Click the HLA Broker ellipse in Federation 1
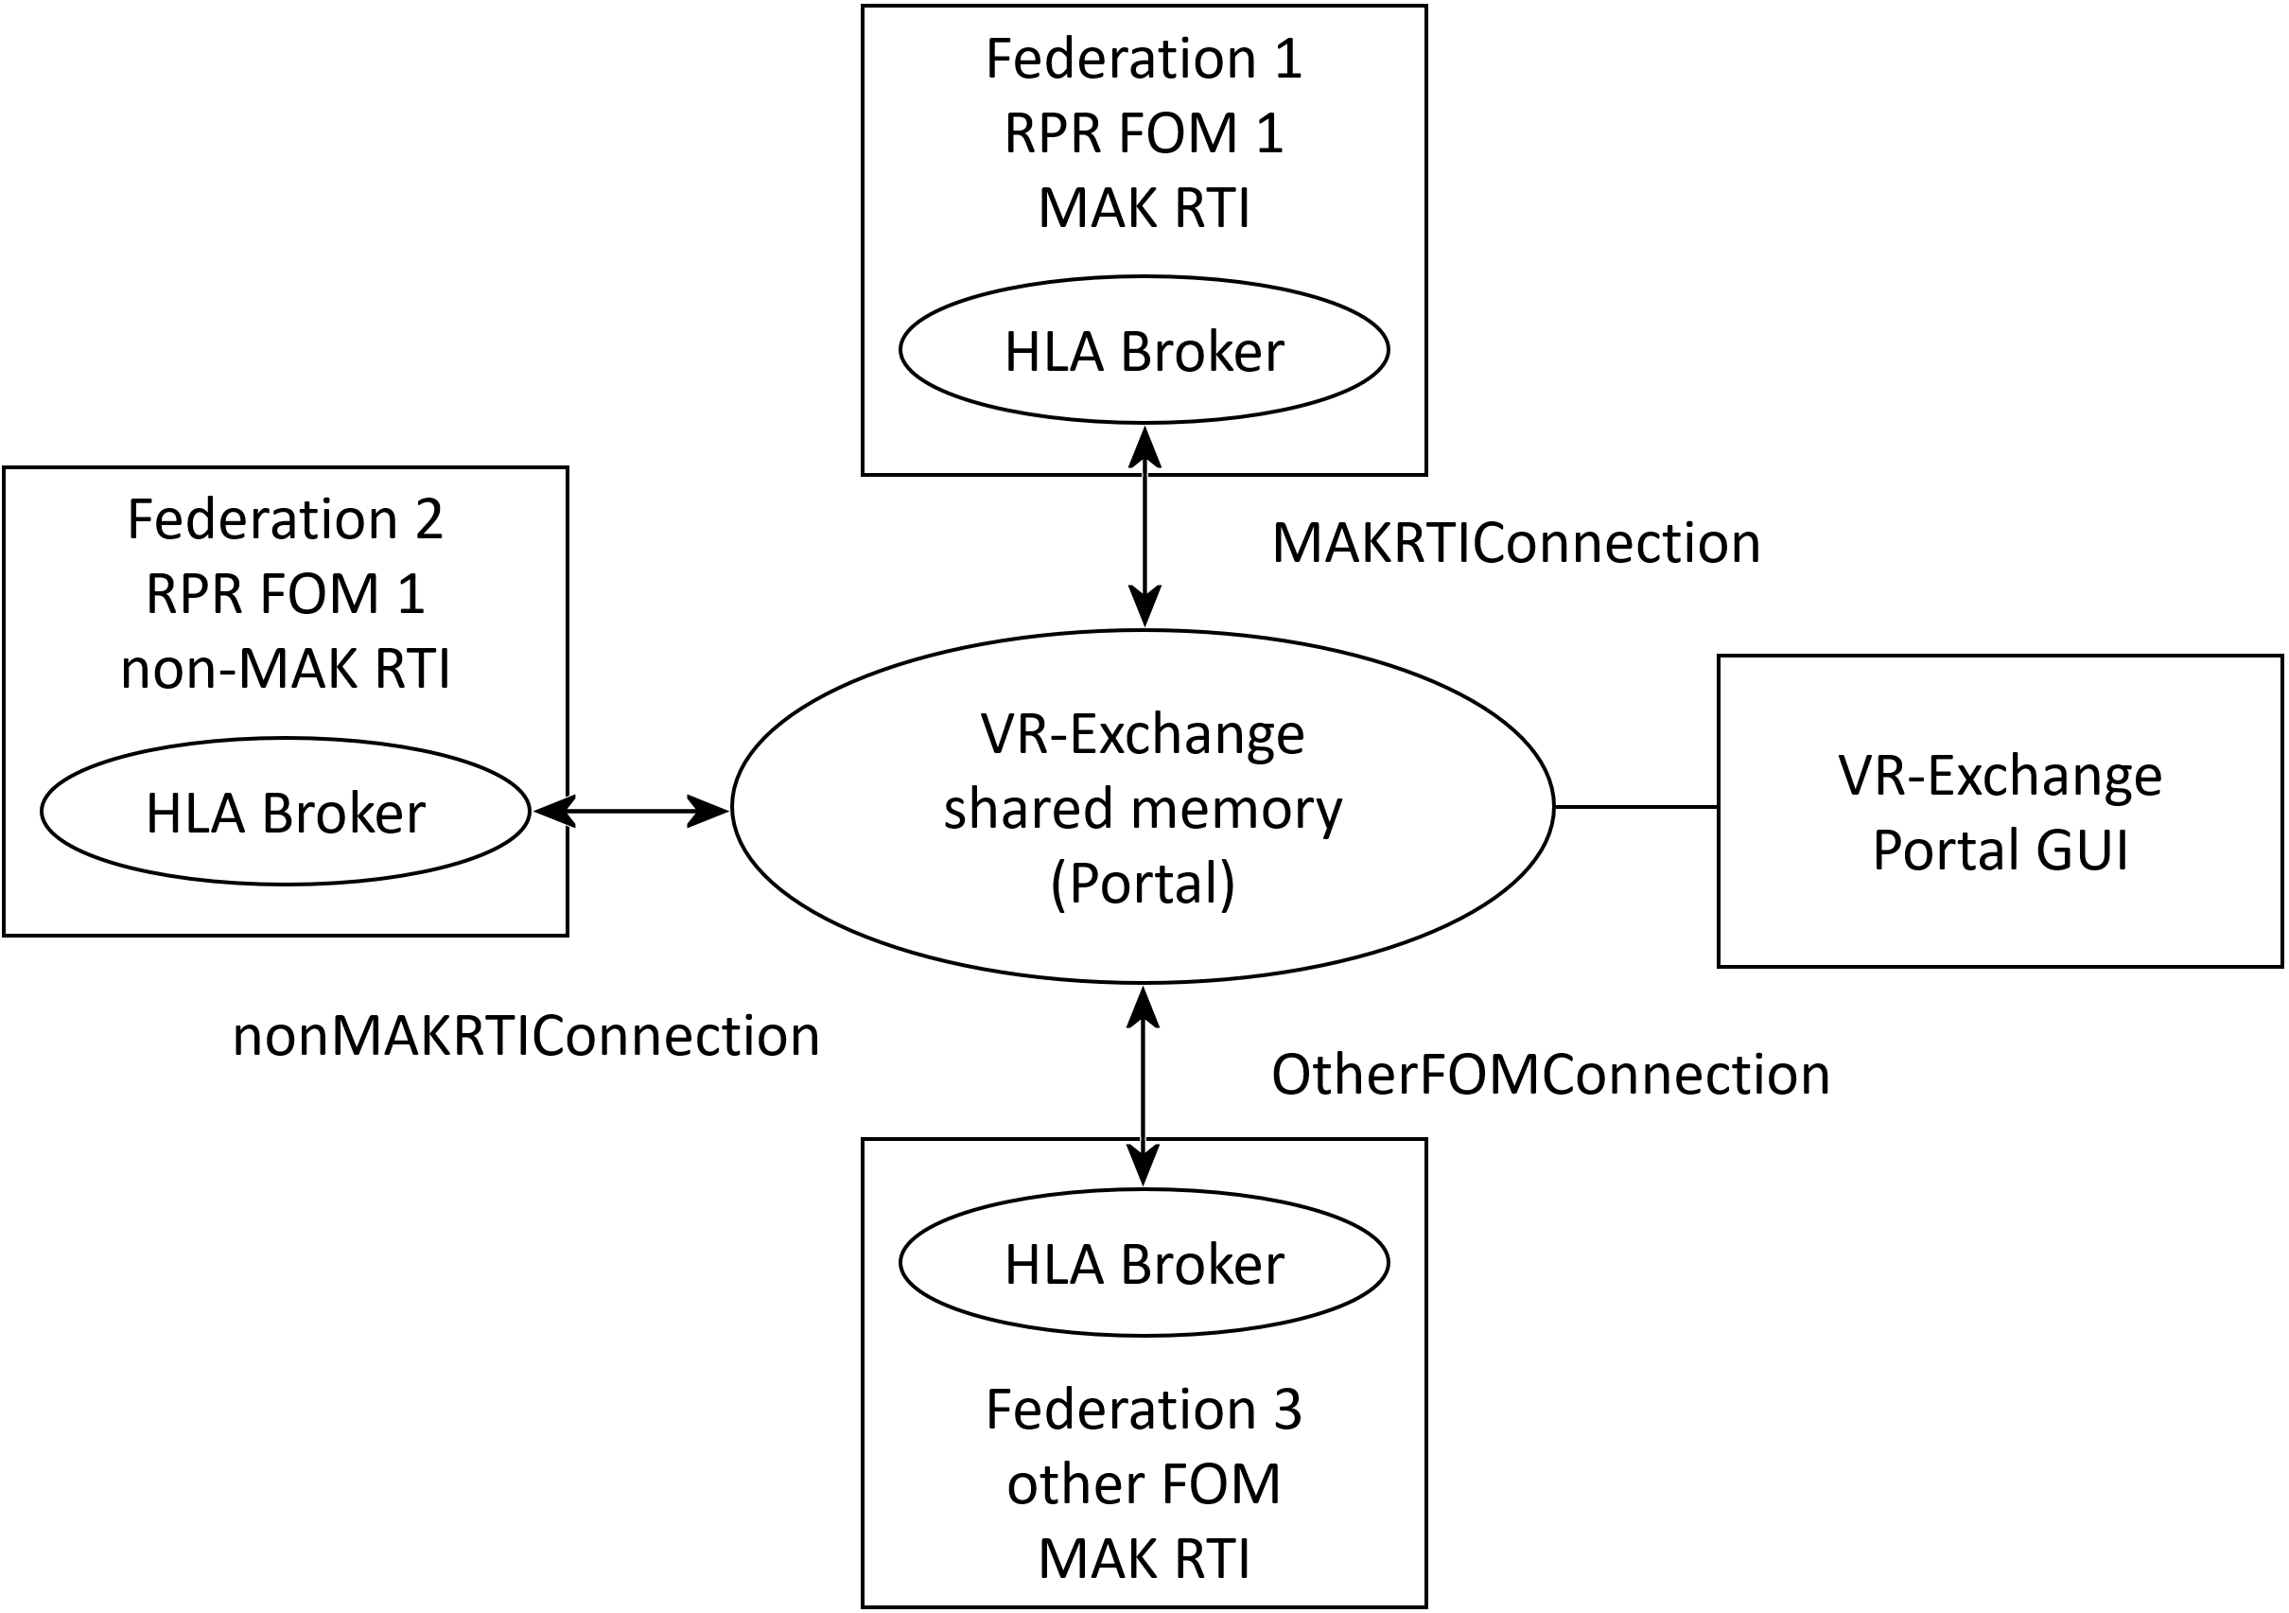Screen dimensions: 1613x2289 pos(1144,351)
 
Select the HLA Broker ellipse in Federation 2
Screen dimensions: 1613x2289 pos(285,813)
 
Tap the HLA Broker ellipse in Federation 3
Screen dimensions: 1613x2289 pos(1144,1264)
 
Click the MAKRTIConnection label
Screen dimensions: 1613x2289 pos(1515,544)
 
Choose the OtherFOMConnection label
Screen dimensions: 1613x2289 pos(1550,1076)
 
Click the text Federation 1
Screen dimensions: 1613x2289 pos(1144,59)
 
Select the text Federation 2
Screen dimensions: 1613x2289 pos(285,520)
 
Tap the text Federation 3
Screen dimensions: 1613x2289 pos(1144,1410)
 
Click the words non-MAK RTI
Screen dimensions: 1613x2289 pos(285,669)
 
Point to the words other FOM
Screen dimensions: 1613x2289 pos(1144,1484)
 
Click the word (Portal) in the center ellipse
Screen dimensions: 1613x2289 pos(1143,884)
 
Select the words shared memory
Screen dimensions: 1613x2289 pos(1143,809)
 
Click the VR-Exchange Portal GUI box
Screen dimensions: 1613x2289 pos(2000,812)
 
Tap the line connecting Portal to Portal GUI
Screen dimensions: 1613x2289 pos(1635,806)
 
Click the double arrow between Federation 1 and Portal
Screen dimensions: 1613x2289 pos(1144,528)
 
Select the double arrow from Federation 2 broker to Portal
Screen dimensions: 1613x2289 pos(632,811)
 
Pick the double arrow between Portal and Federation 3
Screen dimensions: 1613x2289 pos(1143,1087)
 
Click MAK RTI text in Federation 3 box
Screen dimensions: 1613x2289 pos(1144,1559)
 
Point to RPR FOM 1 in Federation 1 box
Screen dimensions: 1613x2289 pos(1144,133)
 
